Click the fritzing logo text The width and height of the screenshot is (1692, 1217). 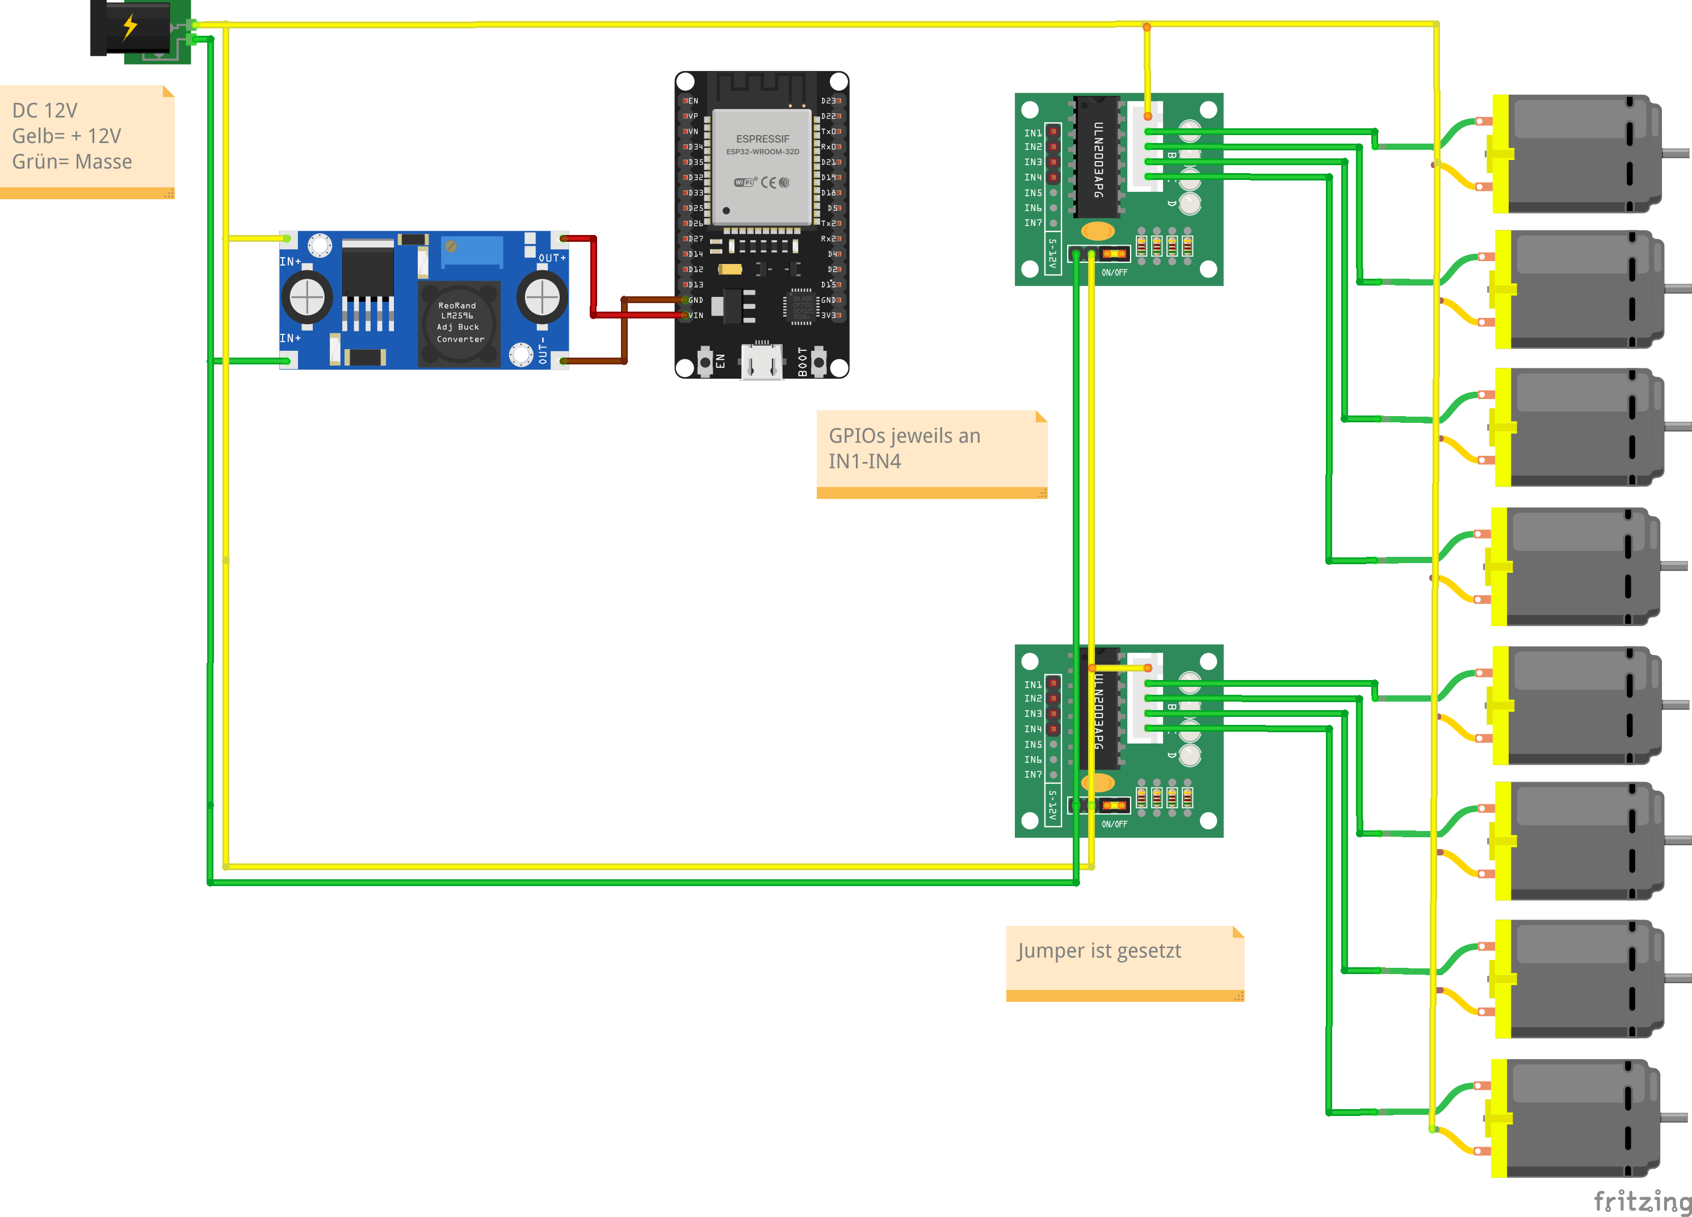(x=1641, y=1201)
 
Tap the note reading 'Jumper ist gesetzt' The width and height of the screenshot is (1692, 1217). (x=1099, y=951)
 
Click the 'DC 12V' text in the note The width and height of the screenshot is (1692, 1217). (x=45, y=111)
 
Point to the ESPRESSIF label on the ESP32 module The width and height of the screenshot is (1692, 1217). (x=762, y=139)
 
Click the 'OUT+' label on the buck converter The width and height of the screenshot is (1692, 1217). (x=552, y=258)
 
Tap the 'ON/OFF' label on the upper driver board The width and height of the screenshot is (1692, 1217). (x=1114, y=273)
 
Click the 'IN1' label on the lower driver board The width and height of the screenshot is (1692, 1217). (x=1032, y=684)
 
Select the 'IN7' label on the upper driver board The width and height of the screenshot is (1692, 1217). (x=1032, y=223)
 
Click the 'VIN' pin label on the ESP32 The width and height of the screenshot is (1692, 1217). (x=695, y=316)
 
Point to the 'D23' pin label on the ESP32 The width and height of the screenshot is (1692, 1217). (x=829, y=100)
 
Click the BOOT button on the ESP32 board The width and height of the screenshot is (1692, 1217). (x=819, y=362)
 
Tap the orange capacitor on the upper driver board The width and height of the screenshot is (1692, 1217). (x=1097, y=230)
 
